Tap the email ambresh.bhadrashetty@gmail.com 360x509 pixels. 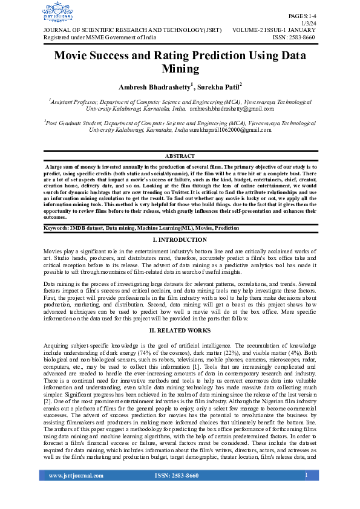pyautogui.click(x=231, y=109)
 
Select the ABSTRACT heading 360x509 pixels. pyautogui.click(x=180, y=157)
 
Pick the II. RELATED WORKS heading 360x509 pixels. pyautogui.click(x=180, y=331)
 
